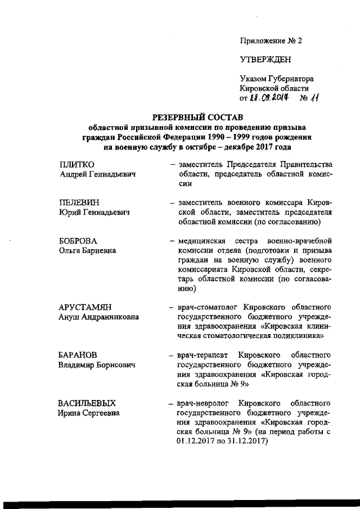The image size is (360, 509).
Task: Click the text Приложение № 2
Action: (271, 41)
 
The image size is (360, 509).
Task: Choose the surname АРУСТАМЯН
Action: (85, 307)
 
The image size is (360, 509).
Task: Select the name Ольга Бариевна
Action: (88, 250)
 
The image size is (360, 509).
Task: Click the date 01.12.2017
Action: (196, 441)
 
